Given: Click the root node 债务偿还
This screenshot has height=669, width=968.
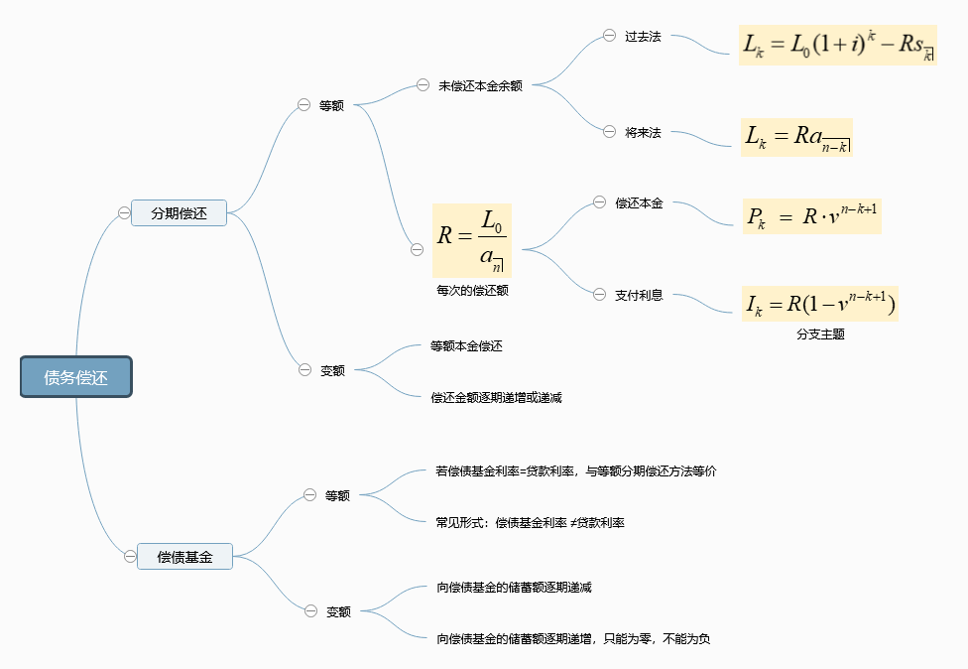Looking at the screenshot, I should pos(76,377).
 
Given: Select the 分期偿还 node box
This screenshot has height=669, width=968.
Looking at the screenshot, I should pos(180,212).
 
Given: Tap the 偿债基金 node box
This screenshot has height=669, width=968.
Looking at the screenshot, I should pos(184,557).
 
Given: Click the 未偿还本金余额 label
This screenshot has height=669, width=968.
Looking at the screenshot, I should pos(480,86).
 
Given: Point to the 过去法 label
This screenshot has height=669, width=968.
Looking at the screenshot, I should pos(643,37).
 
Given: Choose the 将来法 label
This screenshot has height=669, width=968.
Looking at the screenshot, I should pos(643,132).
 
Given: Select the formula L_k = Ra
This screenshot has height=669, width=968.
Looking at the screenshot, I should pos(797,138).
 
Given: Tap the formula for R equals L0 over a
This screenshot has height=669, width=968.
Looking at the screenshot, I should pos(471,239).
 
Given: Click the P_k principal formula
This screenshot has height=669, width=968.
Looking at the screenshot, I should pos(810,216).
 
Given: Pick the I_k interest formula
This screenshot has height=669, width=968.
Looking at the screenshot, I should pos(820,304).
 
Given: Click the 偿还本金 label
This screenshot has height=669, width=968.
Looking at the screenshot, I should pos(639,203).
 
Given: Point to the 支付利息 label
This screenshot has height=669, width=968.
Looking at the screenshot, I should pos(639,295).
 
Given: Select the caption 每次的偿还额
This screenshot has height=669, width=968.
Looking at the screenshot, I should pos(472,291).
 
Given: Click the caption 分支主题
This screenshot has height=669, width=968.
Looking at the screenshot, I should pos(820,334).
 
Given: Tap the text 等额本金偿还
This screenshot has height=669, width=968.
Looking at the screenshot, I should pos(466,346).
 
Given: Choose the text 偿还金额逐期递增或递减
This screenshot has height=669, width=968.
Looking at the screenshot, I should pos(496,397).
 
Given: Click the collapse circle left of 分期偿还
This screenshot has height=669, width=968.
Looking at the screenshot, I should pos(124,212).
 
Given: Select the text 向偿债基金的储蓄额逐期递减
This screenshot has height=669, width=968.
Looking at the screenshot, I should pos(514,587).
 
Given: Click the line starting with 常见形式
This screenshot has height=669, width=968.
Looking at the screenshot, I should pos(530,522).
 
